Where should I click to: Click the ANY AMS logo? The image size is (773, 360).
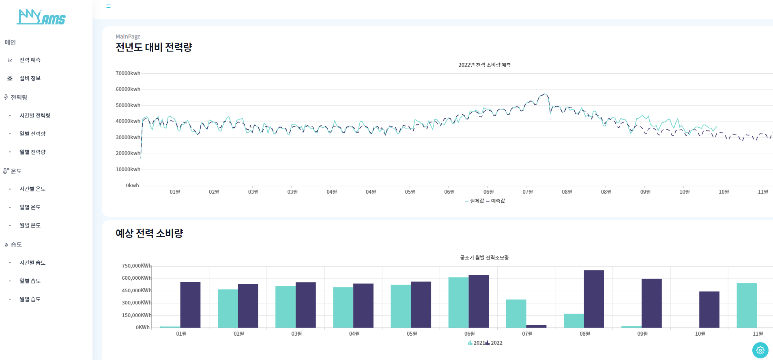pyautogui.click(x=41, y=17)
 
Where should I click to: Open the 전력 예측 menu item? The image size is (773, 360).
pyautogui.click(x=30, y=60)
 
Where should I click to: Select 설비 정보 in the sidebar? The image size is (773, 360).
pyautogui.click(x=30, y=78)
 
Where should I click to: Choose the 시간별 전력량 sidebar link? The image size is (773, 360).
pyautogui.click(x=35, y=116)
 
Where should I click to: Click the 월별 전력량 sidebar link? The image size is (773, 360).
pyautogui.click(x=32, y=152)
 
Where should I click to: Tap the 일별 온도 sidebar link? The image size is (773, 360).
pyautogui.click(x=30, y=207)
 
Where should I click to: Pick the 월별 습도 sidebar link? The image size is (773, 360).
pyautogui.click(x=30, y=299)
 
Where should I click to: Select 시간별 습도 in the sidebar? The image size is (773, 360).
pyautogui.click(x=32, y=263)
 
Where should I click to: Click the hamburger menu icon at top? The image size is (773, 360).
pyautogui.click(x=108, y=6)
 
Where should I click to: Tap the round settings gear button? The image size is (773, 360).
pyautogui.click(x=760, y=350)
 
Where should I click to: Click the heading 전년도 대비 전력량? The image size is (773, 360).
pyautogui.click(x=154, y=47)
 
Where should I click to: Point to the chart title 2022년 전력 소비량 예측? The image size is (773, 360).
pyautogui.click(x=484, y=65)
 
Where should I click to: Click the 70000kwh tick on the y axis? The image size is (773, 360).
pyautogui.click(x=128, y=73)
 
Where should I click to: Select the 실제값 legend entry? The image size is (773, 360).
pyautogui.click(x=475, y=201)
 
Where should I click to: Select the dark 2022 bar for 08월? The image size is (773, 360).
pyautogui.click(x=594, y=299)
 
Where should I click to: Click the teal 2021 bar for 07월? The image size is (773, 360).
pyautogui.click(x=516, y=313)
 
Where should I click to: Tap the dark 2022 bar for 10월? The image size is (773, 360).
pyautogui.click(x=709, y=309)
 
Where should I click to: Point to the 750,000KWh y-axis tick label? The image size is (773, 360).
pyautogui.click(x=136, y=266)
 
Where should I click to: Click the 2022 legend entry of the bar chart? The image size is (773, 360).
pyautogui.click(x=494, y=343)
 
